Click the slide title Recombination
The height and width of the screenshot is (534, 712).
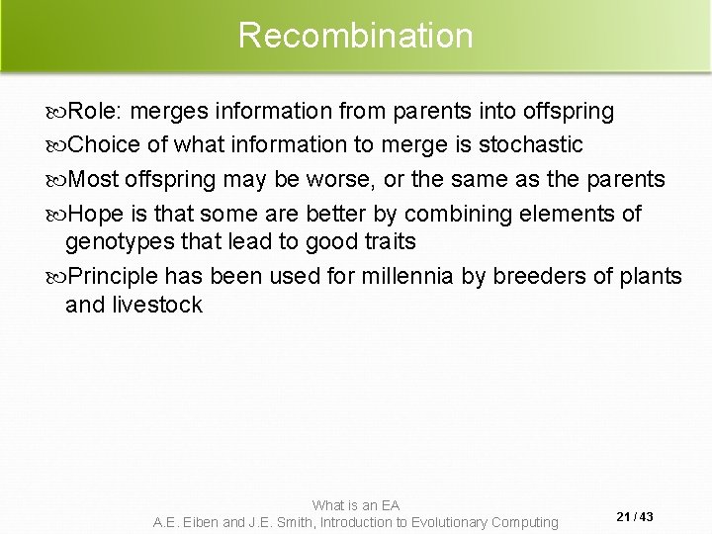click(356, 36)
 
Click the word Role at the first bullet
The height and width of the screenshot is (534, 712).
click(88, 112)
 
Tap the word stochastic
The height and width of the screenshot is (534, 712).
click(531, 145)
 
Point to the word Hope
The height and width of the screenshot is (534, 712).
click(94, 214)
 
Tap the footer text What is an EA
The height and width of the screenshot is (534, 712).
click(356, 505)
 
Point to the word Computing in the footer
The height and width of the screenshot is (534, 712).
click(520, 521)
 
